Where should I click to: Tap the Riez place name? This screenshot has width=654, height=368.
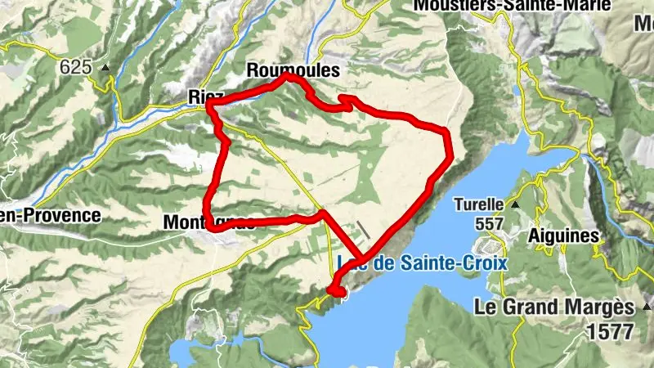click(x=201, y=96)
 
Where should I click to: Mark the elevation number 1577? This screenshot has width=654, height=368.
click(x=609, y=332)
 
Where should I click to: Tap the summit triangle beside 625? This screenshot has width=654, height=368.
click(x=105, y=67)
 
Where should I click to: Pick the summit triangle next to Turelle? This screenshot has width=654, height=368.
click(x=516, y=204)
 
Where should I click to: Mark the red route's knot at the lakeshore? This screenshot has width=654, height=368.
click(x=336, y=289)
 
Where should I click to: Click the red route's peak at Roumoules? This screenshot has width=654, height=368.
click(x=289, y=77)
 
